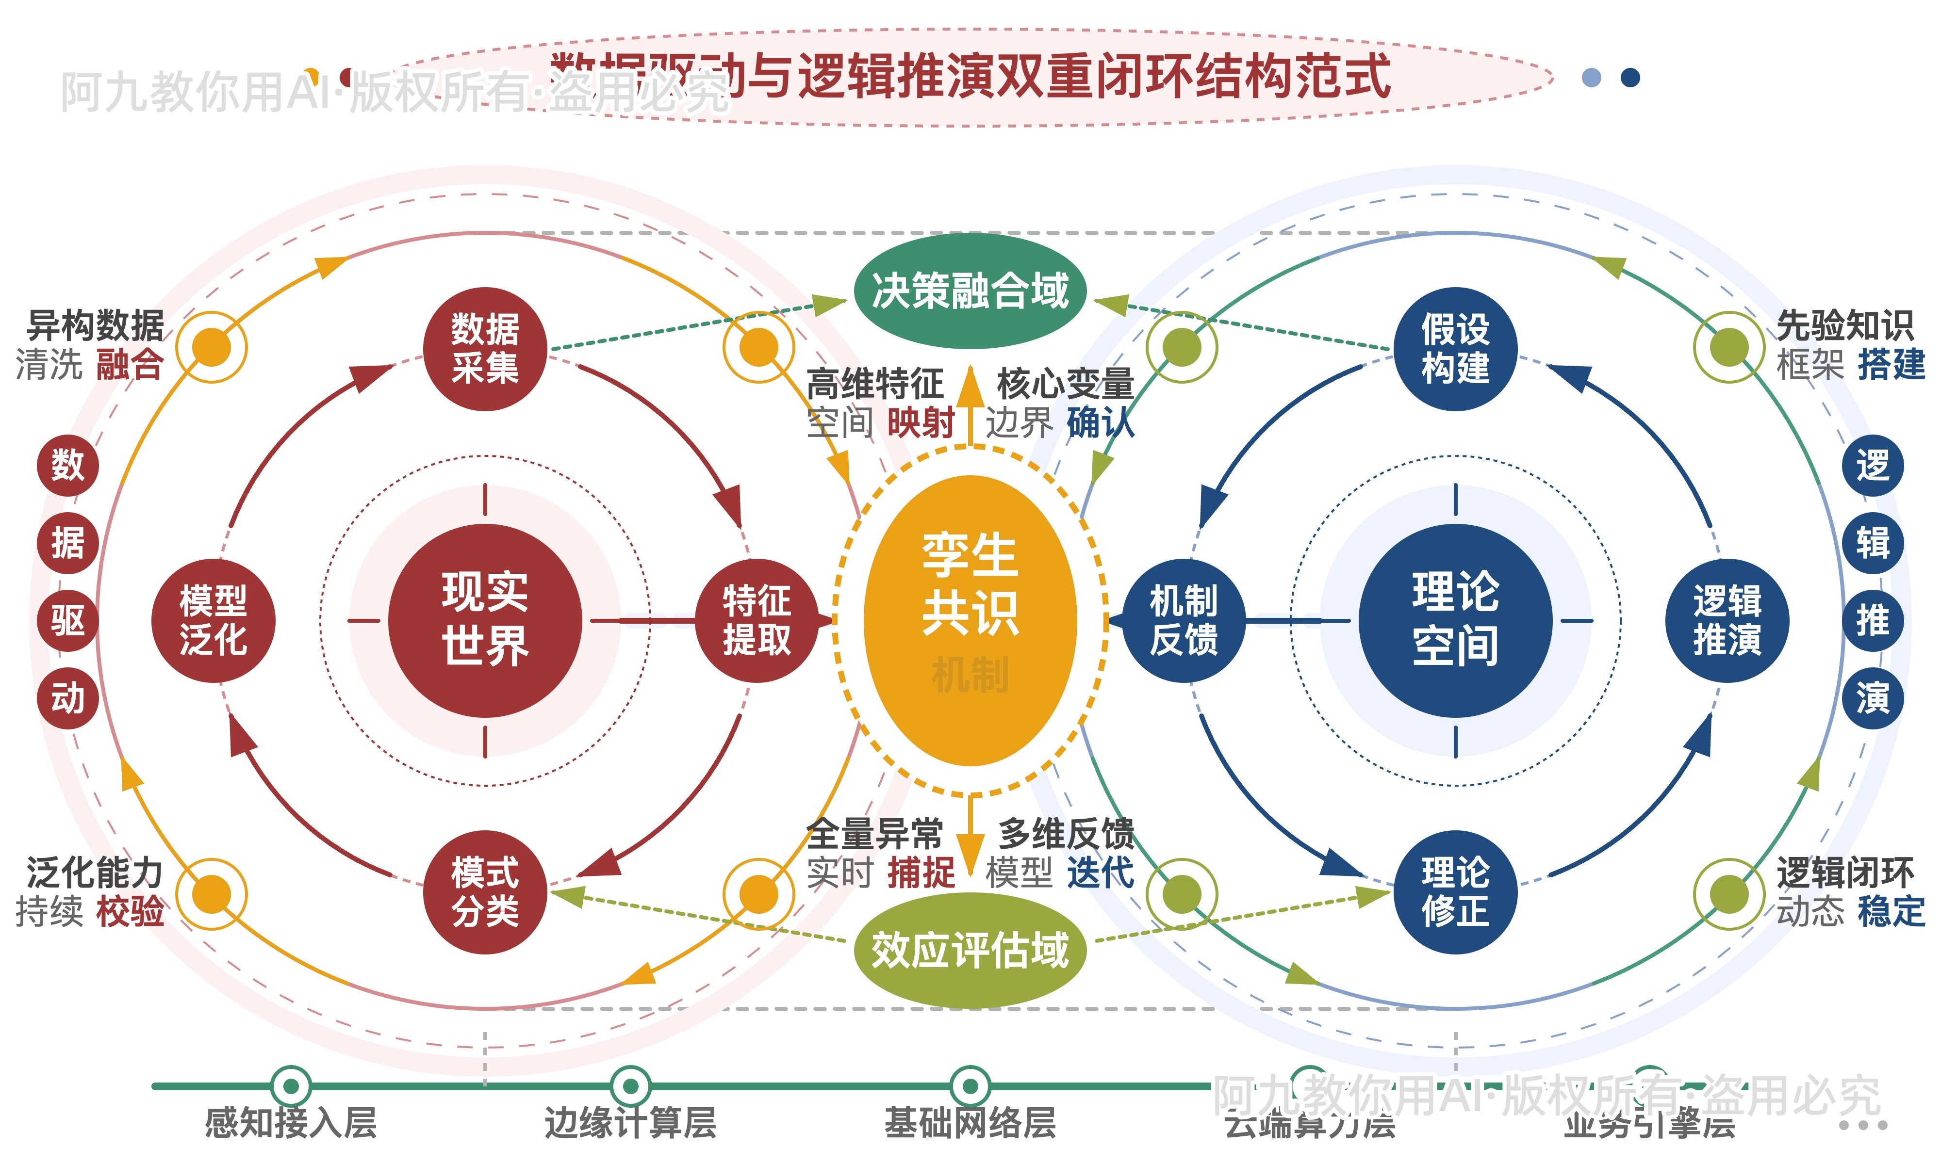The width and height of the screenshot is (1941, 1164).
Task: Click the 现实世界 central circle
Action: pos(485,620)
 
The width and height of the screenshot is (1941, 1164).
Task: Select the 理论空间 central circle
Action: pos(1455,620)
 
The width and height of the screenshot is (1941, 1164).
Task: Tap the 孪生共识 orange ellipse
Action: pos(970,620)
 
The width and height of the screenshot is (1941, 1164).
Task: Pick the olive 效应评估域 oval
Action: pos(970,950)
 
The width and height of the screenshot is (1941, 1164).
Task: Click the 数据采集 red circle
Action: pos(485,349)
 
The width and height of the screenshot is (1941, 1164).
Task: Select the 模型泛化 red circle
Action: pos(214,620)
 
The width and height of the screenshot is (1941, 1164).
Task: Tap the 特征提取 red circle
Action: pos(757,620)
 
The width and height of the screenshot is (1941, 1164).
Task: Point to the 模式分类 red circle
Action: pos(485,892)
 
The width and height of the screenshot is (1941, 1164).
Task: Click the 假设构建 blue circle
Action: pos(1455,349)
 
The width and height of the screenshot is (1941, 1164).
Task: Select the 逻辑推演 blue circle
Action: pos(1727,620)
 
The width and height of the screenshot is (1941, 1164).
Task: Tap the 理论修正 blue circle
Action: pos(1455,892)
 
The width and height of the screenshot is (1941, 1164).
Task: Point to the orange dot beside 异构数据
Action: pos(212,347)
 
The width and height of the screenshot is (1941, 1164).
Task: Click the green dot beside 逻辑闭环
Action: pos(1729,893)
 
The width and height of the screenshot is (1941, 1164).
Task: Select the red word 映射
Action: pos(921,423)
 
